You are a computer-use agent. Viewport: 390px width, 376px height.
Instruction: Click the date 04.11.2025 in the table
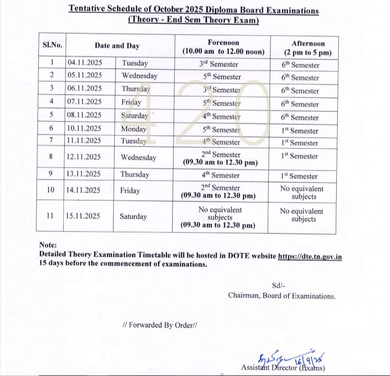[84, 63]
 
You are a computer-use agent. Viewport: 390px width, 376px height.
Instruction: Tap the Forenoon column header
[223, 47]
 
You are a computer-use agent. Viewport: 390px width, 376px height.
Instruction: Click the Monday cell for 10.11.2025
[134, 129]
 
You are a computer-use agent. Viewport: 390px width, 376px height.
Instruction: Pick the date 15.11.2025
[84, 216]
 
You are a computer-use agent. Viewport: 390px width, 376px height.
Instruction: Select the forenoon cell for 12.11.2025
[220, 158]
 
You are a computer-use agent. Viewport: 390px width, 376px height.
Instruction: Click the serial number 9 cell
[51, 174]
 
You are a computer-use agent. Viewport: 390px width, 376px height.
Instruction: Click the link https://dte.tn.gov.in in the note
[309, 256]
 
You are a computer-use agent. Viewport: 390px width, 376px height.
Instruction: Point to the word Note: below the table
[48, 244]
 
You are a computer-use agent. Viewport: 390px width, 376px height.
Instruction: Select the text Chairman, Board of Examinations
[282, 296]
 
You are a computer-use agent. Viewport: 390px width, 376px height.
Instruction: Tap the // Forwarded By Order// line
[160, 325]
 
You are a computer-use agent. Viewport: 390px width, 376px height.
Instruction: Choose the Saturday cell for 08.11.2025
[135, 116]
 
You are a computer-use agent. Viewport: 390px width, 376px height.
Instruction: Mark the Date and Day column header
[117, 46]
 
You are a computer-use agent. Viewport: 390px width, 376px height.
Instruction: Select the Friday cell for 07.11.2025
[131, 102]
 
